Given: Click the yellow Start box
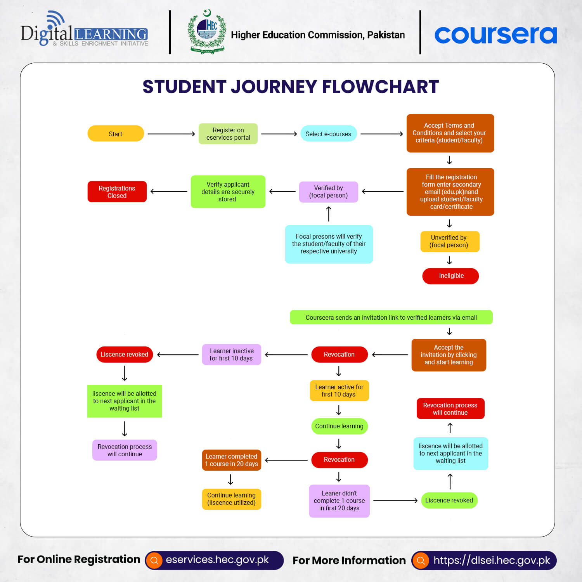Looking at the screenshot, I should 116,133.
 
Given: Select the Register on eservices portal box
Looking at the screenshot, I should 228,133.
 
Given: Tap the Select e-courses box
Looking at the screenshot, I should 328,133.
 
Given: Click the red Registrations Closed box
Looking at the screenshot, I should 117,192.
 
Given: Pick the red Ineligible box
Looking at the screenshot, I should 450,276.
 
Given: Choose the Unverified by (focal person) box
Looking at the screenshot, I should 450,241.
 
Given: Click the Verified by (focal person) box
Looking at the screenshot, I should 328,192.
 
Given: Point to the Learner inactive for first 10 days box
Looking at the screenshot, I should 231,354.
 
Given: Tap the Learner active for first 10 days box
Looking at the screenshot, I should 339,390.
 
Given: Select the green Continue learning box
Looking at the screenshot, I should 339,426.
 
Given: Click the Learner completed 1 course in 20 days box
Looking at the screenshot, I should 231,460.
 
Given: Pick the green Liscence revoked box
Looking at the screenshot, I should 449,500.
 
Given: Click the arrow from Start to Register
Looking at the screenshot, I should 171,134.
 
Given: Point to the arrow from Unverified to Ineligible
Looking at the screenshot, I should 449,260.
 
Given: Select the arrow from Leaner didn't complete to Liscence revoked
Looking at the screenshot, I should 395,501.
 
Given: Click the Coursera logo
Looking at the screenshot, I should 495,35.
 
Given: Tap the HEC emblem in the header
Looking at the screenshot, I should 207,32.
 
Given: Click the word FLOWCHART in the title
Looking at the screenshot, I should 380,87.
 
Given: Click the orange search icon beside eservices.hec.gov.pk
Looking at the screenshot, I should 154,560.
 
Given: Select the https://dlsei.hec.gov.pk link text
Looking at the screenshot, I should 491,560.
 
